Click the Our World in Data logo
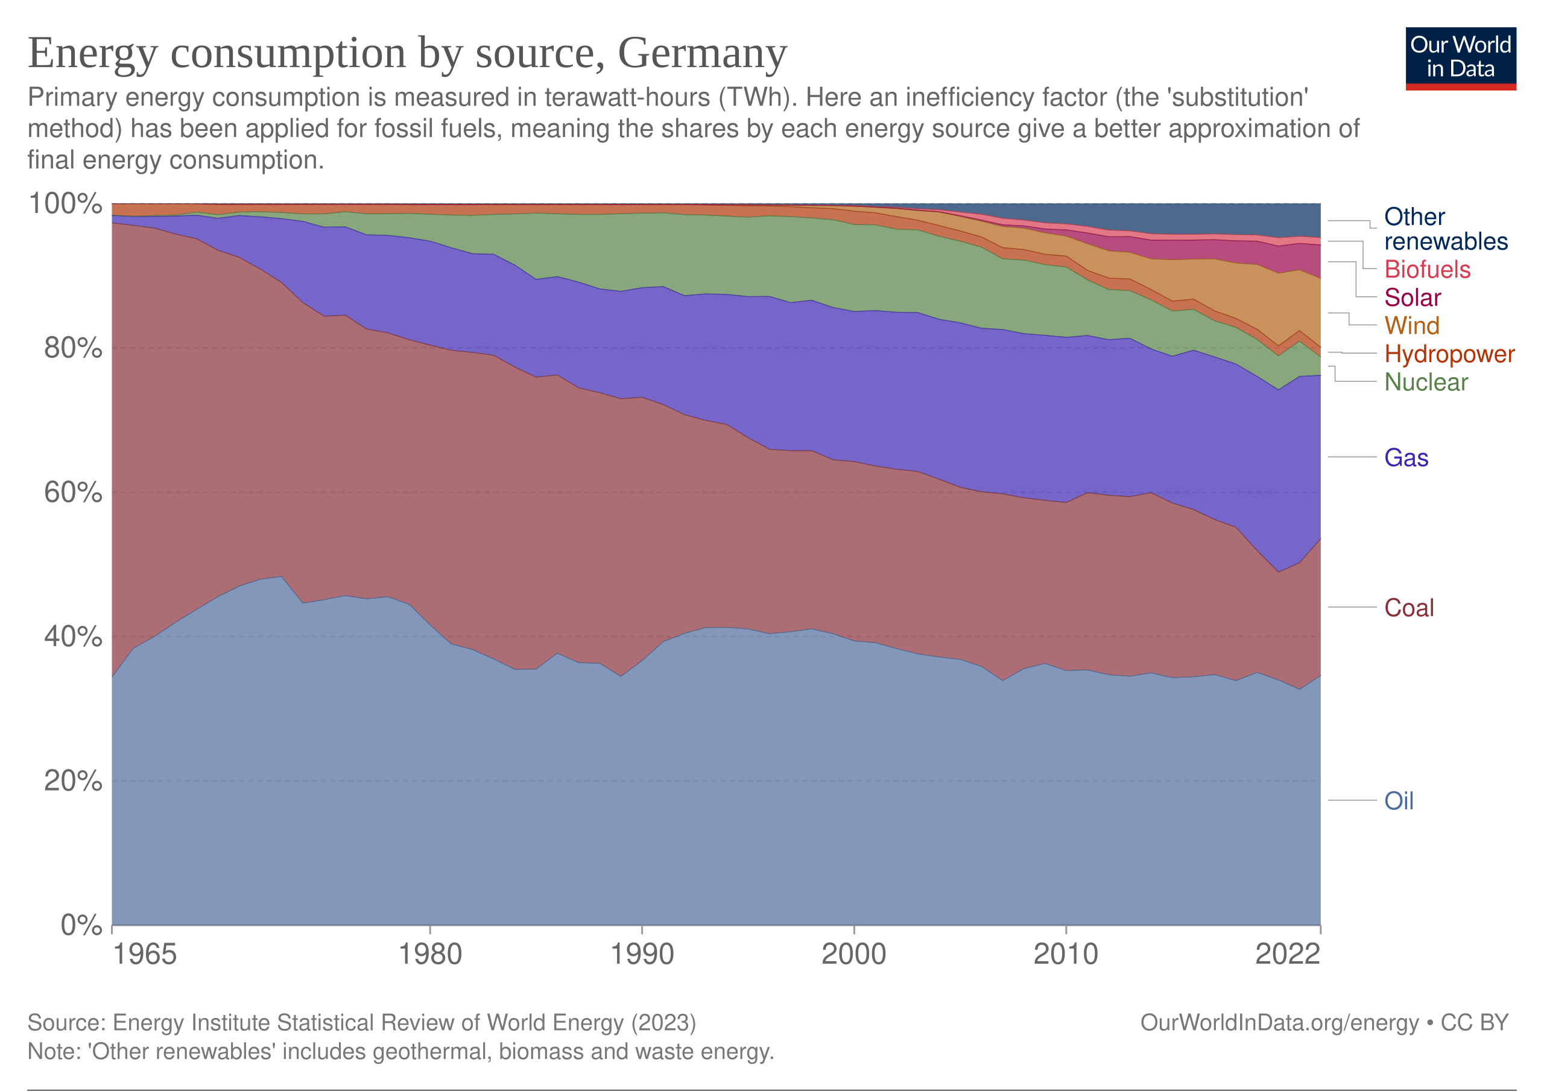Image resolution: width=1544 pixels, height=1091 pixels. pyautogui.click(x=1460, y=58)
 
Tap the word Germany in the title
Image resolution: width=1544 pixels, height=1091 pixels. pyautogui.click(x=702, y=52)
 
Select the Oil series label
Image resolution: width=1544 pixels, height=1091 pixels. pyautogui.click(x=1399, y=800)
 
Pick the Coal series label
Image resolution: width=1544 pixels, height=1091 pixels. pyautogui.click(x=1409, y=608)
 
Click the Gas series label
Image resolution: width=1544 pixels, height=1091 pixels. pyautogui.click(x=1406, y=457)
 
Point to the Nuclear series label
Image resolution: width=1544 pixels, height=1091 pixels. pyautogui.click(x=1426, y=382)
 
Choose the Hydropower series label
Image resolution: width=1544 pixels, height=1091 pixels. pyautogui.click(x=1449, y=354)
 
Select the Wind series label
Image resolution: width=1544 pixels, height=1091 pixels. pyautogui.click(x=1411, y=326)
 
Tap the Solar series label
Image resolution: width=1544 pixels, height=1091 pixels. pyautogui.click(x=1412, y=297)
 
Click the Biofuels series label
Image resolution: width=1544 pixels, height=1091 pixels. pyautogui.click(x=1427, y=269)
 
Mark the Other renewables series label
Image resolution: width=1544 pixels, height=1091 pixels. pyautogui.click(x=1445, y=229)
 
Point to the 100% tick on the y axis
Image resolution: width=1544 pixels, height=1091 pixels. pyautogui.click(x=65, y=203)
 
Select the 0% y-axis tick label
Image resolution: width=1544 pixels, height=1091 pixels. pyautogui.click(x=81, y=926)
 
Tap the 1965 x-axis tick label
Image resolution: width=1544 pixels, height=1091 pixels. pyautogui.click(x=144, y=954)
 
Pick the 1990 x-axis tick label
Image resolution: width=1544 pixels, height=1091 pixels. pyautogui.click(x=642, y=954)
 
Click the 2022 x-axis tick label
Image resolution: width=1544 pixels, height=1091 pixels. pyautogui.click(x=1287, y=954)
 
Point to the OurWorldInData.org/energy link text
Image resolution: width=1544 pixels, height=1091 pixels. pyautogui.click(x=1279, y=1022)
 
